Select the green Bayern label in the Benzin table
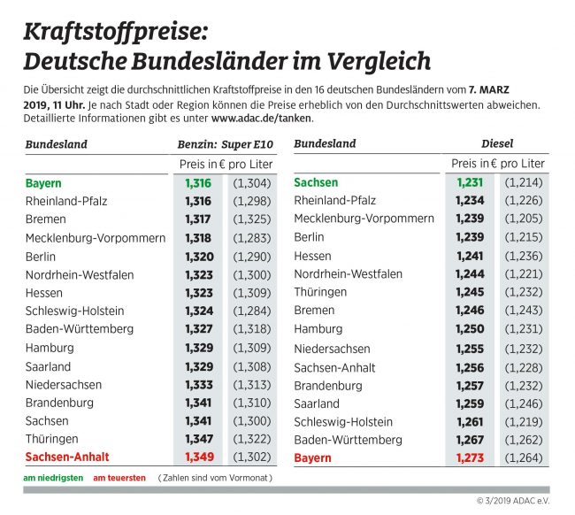(43, 183)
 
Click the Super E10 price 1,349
(199, 457)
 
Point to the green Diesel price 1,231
(471, 182)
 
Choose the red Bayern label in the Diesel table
(312, 457)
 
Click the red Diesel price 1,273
(471, 457)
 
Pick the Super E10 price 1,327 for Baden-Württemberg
(199, 329)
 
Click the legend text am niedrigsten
(53, 478)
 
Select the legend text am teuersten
(119, 478)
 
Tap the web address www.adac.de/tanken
(261, 118)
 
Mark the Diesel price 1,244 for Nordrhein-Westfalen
(471, 274)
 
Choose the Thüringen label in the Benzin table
(51, 439)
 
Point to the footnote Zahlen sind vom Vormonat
(215, 478)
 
